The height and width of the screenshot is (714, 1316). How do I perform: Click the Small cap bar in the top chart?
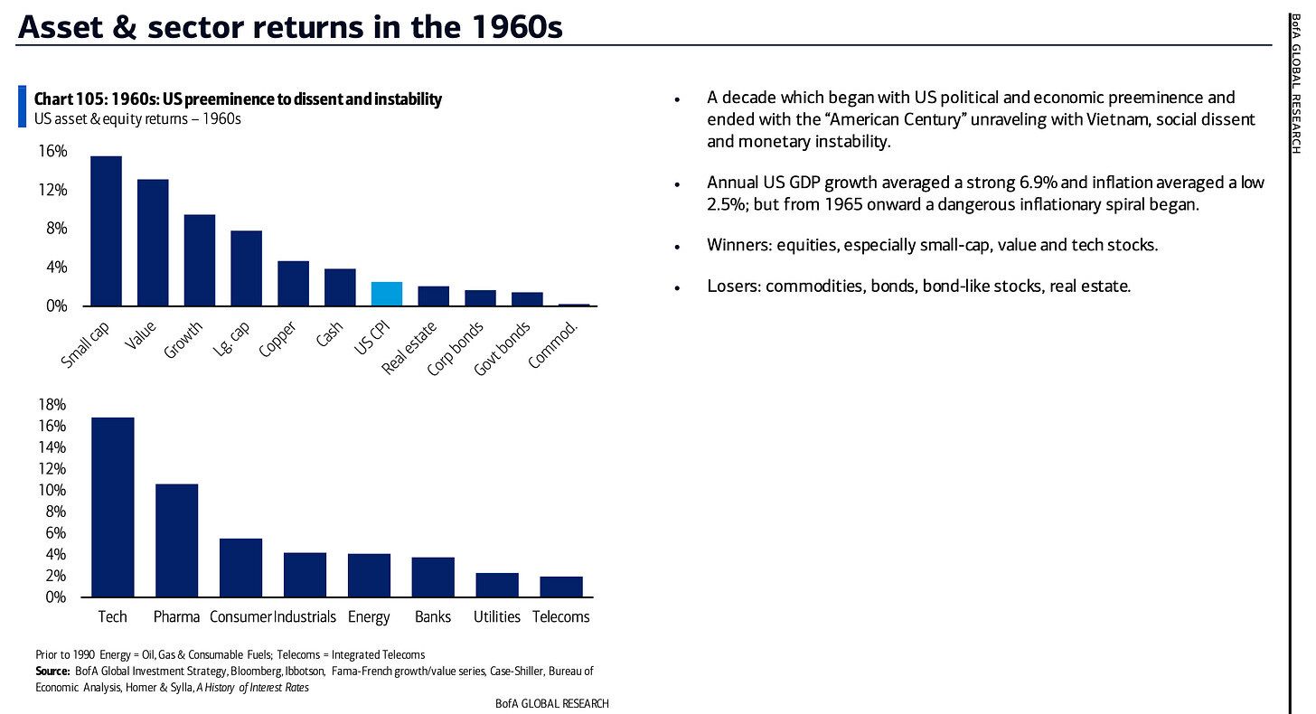click(106, 231)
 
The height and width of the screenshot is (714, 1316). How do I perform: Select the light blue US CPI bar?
click(386, 295)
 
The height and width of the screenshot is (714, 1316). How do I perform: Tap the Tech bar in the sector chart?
click(113, 507)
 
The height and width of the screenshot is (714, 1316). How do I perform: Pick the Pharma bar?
click(177, 540)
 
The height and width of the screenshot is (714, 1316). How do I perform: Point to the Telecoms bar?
click(561, 587)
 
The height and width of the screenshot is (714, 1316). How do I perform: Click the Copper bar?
click(293, 284)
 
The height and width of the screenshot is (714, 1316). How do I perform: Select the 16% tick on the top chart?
click(52, 152)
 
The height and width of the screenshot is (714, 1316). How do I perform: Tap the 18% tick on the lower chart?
click(52, 404)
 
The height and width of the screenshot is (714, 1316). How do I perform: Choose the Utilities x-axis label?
click(497, 617)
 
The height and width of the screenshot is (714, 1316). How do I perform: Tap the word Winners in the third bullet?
click(738, 245)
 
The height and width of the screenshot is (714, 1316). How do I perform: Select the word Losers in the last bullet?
click(733, 287)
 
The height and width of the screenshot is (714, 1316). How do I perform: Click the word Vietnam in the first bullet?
click(1048, 119)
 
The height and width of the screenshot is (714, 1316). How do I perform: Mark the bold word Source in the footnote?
click(52, 671)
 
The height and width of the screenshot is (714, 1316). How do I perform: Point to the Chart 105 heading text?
click(238, 99)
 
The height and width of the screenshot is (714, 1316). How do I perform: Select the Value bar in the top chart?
click(153, 243)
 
